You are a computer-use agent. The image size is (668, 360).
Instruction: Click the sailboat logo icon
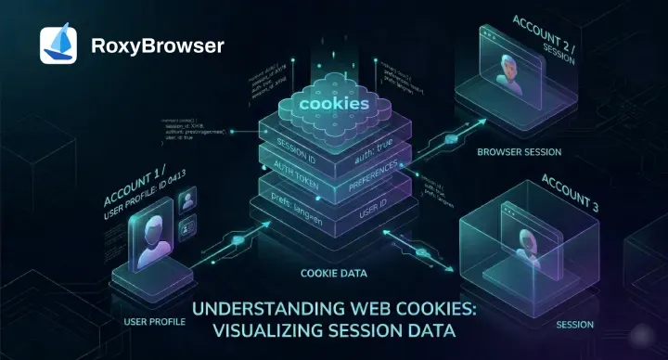coord(58,45)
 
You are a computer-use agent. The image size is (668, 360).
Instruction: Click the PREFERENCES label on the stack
coord(373,176)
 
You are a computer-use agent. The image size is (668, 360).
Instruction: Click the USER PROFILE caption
coord(154,320)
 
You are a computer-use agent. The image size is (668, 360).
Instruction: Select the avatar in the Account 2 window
coord(507,71)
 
